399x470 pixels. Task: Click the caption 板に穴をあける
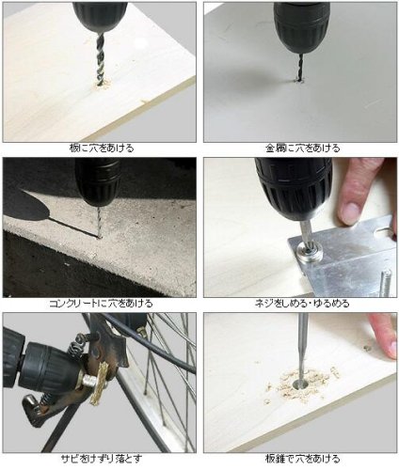pyautogui.click(x=102, y=149)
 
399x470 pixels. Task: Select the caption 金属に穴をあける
pyautogui.click(x=302, y=149)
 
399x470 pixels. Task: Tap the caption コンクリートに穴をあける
pyautogui.click(x=101, y=303)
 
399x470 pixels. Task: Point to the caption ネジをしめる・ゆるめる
pyautogui.click(x=302, y=303)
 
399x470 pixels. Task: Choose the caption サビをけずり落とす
pyautogui.click(x=101, y=459)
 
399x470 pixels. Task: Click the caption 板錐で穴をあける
pyautogui.click(x=302, y=459)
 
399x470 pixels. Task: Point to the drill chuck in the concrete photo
pyautogui.click(x=98, y=181)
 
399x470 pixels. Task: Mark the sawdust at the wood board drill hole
pyautogui.click(x=103, y=84)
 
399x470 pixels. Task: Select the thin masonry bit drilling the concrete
pyautogui.click(x=100, y=222)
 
